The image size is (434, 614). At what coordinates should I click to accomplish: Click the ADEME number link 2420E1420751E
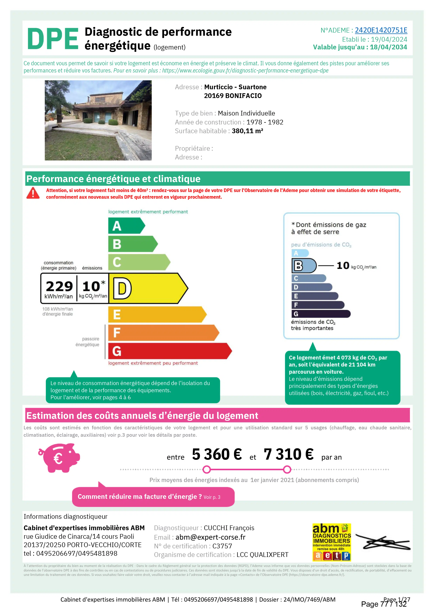point(381,30)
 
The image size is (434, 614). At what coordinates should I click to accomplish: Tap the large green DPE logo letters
point(53,39)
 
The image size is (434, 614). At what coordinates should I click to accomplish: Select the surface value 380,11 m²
point(247,131)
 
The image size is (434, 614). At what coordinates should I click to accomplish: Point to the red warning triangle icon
point(33,193)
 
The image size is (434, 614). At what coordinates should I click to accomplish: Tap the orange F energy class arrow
point(163,333)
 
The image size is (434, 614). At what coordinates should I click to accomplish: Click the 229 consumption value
point(59,286)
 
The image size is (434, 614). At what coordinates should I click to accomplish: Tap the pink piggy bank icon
point(59,458)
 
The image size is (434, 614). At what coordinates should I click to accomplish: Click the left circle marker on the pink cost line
point(206,469)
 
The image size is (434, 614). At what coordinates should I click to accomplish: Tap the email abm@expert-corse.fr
point(211,537)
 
